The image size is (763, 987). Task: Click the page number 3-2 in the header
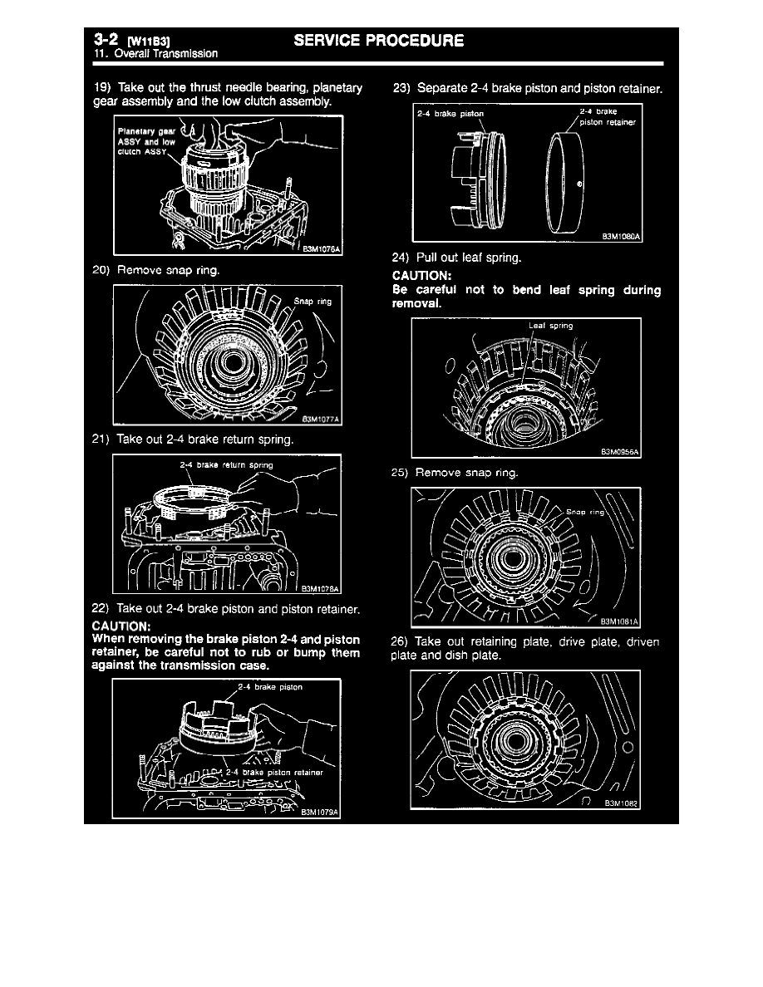[x=106, y=39]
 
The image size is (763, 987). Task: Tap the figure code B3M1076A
[x=322, y=247]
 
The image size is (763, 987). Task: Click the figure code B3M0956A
[x=622, y=452]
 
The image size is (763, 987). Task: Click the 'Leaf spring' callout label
[x=550, y=326]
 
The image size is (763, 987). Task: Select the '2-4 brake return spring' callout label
[x=226, y=464]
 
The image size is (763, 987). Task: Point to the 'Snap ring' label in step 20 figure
[x=313, y=302]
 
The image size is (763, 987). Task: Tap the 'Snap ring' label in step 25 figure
[x=586, y=512]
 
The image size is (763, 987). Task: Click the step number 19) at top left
[x=102, y=88]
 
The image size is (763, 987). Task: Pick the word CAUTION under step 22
[x=121, y=625]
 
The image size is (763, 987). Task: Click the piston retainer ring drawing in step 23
[x=563, y=181]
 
